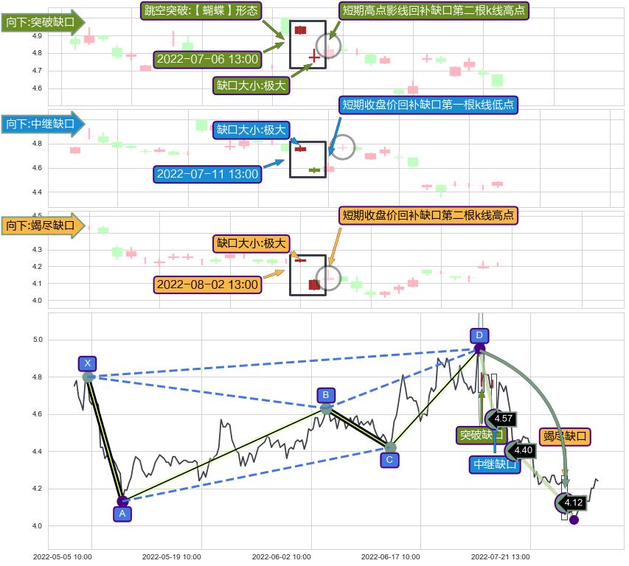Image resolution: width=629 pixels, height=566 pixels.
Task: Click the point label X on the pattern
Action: (88, 363)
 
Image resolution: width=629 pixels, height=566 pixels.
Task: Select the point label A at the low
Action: (122, 514)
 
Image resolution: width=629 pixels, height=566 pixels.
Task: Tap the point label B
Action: (325, 395)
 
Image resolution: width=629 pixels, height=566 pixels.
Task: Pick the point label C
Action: (389, 460)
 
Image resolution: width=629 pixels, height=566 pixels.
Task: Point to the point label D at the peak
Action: (479, 335)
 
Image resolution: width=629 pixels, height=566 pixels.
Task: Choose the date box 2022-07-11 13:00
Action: (208, 174)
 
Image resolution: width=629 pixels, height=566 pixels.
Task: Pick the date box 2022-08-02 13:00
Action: (208, 284)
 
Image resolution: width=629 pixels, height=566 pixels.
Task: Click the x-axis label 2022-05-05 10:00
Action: (63, 557)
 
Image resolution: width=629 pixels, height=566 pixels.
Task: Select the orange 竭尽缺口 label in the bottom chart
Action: (566, 436)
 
